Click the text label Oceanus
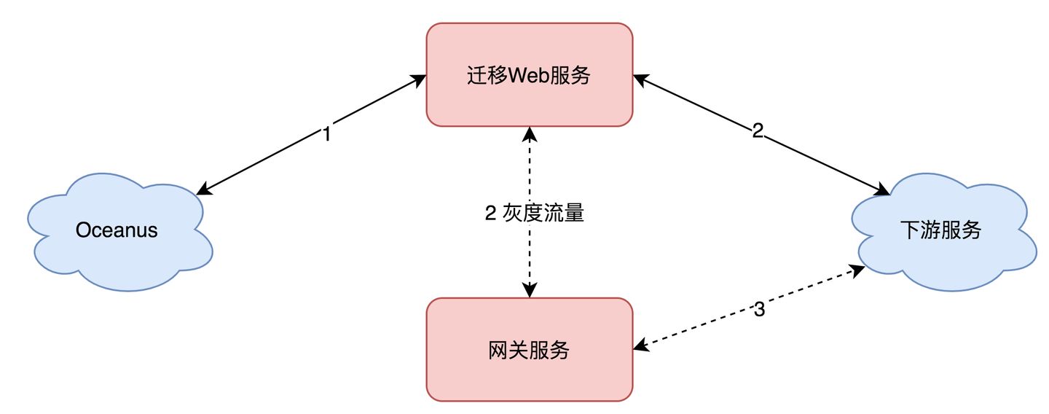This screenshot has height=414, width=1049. [x=117, y=231]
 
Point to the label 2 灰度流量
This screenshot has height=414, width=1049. [x=534, y=214]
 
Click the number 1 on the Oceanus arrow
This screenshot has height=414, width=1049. [x=326, y=134]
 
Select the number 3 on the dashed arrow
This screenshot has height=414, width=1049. [x=759, y=310]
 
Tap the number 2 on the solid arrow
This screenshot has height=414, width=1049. [x=758, y=131]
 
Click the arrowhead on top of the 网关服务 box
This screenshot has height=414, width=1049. [x=530, y=291]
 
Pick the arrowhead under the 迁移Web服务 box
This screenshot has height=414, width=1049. [x=530, y=133]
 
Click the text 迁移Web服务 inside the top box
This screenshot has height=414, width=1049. [x=528, y=75]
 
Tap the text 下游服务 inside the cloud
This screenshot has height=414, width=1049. [x=940, y=231]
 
